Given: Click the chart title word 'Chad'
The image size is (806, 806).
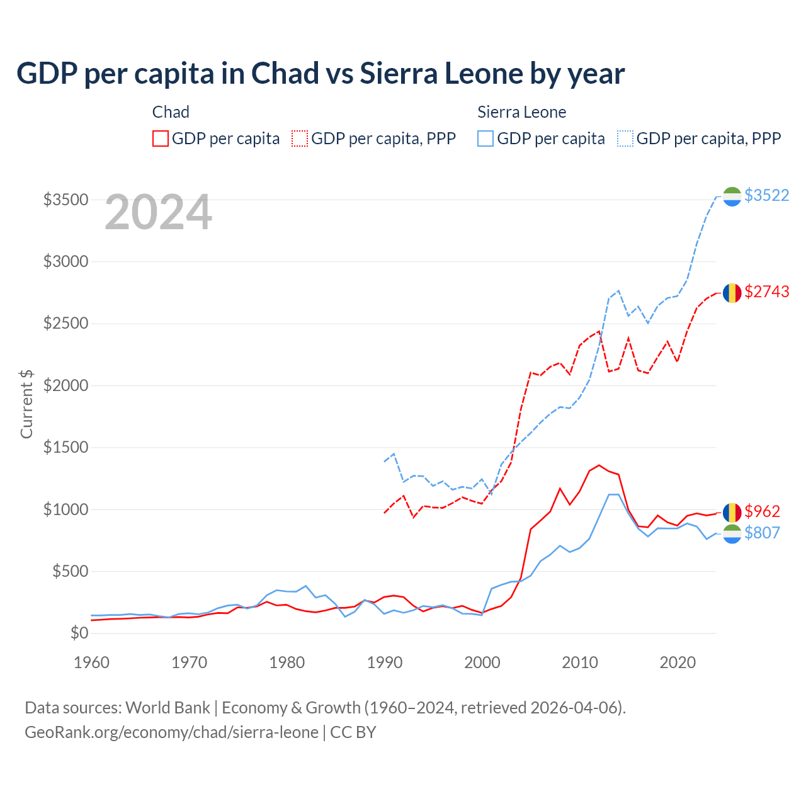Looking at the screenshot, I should (x=285, y=74).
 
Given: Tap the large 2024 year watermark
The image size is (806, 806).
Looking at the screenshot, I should (x=158, y=213).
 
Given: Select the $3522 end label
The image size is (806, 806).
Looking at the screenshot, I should (x=766, y=195).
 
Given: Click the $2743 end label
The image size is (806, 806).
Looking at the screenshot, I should (x=766, y=292).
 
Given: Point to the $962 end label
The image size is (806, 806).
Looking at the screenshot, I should (x=762, y=511).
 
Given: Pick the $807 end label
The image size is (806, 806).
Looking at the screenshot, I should (x=762, y=533).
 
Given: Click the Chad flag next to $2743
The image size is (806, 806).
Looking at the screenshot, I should (x=732, y=293).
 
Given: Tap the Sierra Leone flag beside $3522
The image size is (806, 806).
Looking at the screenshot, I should (x=732, y=196).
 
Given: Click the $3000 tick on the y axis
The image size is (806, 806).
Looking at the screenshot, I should (x=65, y=261).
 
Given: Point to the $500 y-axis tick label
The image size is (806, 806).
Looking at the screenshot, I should (x=70, y=572).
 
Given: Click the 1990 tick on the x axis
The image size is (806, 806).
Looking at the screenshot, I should (x=385, y=662).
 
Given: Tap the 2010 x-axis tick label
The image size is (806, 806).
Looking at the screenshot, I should (x=580, y=662).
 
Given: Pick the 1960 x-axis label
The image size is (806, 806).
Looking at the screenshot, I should (x=92, y=662).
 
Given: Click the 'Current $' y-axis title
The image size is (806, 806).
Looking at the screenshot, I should (x=26, y=404).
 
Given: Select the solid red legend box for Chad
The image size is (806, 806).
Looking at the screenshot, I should (x=161, y=139).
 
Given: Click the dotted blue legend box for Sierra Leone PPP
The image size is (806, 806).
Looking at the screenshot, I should (x=625, y=139).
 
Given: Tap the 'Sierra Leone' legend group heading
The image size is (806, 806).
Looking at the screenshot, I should (x=521, y=112).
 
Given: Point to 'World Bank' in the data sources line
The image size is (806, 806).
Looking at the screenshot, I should (x=167, y=708).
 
